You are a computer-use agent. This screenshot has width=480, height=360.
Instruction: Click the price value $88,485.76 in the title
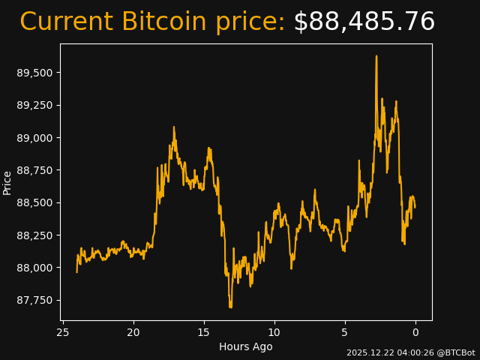[x=364, y=22]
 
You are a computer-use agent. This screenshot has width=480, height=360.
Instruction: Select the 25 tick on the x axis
[x=63, y=332]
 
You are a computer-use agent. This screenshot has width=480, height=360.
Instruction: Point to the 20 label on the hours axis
[x=133, y=332]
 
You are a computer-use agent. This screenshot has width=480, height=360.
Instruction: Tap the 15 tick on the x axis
[x=204, y=332]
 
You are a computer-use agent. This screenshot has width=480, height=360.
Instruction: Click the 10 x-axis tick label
[x=274, y=332]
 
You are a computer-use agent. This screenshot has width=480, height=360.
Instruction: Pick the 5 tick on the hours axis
[x=345, y=332]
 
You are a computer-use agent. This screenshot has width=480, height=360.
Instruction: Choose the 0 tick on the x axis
[x=415, y=332]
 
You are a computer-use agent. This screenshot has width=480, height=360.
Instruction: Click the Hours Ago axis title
[x=246, y=346]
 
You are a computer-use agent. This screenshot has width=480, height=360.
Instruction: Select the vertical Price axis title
[x=7, y=182]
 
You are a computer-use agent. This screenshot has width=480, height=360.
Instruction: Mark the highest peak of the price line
[x=376, y=56]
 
